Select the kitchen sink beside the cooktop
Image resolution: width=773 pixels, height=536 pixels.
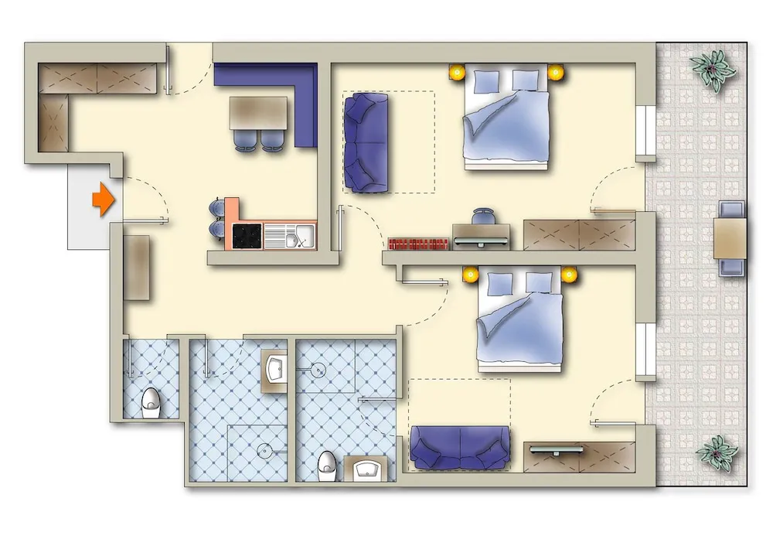289,235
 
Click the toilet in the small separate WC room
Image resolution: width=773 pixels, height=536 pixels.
151,401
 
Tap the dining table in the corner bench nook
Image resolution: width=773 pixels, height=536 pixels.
258,113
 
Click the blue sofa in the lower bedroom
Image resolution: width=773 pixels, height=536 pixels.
460,448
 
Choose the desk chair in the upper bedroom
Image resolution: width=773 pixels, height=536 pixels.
483,217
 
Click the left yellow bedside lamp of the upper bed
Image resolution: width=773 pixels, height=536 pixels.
457,73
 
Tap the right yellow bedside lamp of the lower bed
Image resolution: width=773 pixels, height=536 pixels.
570,275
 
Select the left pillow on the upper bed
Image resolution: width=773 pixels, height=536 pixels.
488,81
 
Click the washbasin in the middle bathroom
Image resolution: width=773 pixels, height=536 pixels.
276,369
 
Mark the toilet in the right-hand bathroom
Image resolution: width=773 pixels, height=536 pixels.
326,466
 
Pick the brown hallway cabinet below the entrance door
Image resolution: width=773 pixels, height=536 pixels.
136,268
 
